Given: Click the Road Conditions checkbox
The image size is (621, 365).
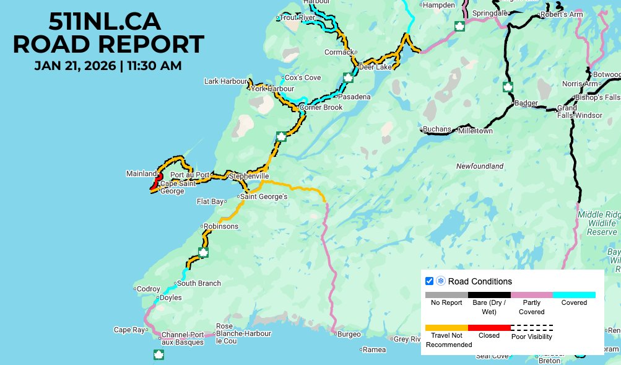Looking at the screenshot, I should (x=429, y=281).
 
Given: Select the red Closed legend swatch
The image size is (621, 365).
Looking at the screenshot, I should (x=489, y=327).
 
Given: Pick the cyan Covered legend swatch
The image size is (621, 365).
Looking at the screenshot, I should (x=574, y=295).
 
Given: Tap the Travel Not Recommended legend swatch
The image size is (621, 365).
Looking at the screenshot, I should (x=446, y=327).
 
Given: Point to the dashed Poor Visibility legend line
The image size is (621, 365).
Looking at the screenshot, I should (x=532, y=327).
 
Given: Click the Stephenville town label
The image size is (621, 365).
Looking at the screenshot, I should (x=249, y=176).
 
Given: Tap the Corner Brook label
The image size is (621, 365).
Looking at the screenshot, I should (x=321, y=107).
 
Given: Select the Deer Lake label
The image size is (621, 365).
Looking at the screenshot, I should (x=375, y=67).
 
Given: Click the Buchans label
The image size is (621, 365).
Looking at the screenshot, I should (x=438, y=130).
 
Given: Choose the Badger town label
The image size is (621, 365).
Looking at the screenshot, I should (x=526, y=103).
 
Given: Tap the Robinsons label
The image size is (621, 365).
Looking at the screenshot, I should (x=221, y=226).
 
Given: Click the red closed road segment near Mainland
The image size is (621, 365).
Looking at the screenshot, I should (x=154, y=184).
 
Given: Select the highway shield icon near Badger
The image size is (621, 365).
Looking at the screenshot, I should (x=508, y=86).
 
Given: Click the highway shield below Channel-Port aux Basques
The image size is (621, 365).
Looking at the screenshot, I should (x=159, y=354).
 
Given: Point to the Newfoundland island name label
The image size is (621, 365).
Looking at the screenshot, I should (x=479, y=166).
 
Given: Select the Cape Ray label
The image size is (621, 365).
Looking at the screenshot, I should (x=128, y=330).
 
